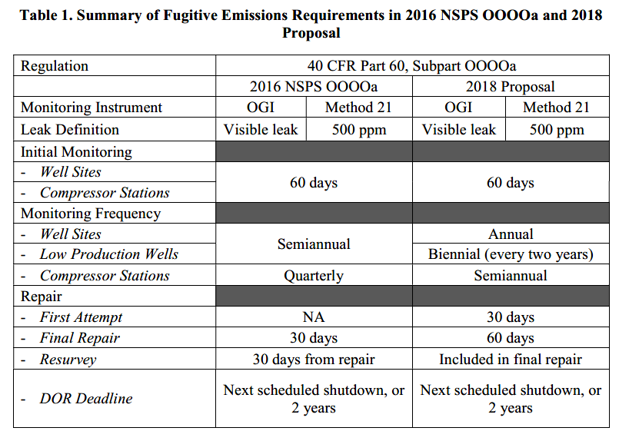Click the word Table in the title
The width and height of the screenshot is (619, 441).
(x=36, y=15)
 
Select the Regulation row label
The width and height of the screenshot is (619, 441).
(x=55, y=66)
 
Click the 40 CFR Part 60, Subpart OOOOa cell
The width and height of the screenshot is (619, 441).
(x=411, y=66)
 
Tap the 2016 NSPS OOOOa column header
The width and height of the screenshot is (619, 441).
(x=314, y=86)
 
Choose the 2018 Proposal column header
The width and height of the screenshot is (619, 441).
(x=510, y=86)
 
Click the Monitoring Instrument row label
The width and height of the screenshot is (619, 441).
(x=92, y=108)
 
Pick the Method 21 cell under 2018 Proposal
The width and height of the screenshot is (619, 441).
(x=556, y=108)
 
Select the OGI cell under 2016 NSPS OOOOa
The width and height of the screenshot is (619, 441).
(x=261, y=108)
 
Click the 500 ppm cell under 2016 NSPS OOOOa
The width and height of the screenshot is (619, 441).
(x=359, y=130)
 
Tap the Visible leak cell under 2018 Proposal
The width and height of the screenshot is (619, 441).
(x=459, y=130)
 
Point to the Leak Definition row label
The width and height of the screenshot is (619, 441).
(x=70, y=130)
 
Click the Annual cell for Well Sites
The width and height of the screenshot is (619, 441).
(x=511, y=234)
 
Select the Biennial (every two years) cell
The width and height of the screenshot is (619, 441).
(x=511, y=254)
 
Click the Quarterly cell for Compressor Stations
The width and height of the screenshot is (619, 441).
(x=314, y=276)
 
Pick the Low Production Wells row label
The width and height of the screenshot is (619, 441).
(x=109, y=254)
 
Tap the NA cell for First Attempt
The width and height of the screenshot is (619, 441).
(x=314, y=317)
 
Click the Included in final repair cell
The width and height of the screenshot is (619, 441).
(x=511, y=360)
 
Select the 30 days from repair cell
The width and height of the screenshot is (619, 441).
(x=314, y=360)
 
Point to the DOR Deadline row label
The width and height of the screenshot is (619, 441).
(x=86, y=399)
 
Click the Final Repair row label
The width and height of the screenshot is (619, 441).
(x=80, y=338)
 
